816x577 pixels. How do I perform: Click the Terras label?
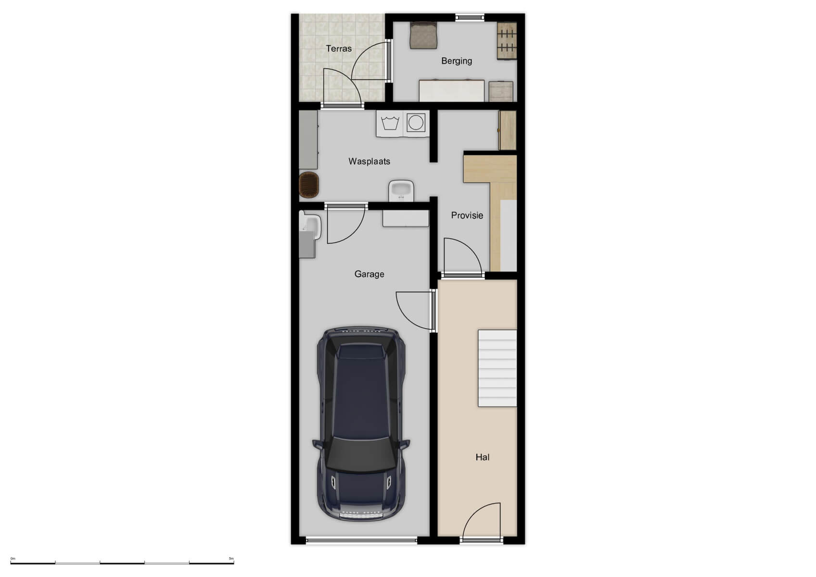339,49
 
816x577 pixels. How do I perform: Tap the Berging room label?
457,61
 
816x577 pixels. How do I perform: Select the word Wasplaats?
369,162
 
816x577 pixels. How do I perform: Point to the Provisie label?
467,215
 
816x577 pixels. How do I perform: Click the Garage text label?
369,274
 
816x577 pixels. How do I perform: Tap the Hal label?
482,457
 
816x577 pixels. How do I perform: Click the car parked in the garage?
361,423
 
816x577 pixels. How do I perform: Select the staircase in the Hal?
497,368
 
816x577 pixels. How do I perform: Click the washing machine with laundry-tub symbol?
390,123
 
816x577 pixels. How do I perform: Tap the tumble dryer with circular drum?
416,123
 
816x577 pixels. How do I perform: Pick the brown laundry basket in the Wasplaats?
309,185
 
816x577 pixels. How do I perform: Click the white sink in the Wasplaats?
401,190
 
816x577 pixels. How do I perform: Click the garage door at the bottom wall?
361,540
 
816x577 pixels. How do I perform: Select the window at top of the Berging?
470,17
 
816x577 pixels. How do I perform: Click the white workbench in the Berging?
451,91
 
